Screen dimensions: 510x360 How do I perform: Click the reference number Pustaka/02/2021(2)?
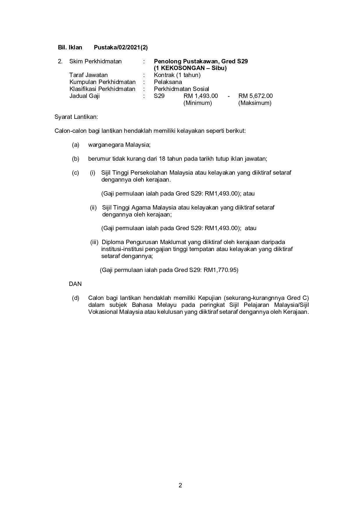coord(121,47)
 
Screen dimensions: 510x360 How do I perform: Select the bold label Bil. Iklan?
coord(70,47)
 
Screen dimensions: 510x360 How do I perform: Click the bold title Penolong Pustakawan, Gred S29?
coord(201,61)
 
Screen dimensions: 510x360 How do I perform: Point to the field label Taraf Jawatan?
coord(88,75)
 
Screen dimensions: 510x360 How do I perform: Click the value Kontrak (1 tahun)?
coord(177,75)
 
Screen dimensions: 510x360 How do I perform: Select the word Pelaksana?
coord(168,82)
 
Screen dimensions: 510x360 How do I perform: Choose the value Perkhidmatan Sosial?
coord(181,89)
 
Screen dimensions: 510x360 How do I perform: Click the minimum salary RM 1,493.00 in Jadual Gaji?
coord(201,96)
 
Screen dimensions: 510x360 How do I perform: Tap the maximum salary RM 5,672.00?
coord(255,96)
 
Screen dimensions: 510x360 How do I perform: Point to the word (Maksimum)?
coord(255,103)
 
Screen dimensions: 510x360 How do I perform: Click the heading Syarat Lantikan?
coord(76,117)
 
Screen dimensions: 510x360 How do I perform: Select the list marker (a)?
coord(75,145)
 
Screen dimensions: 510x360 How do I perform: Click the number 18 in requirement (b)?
coord(162,159)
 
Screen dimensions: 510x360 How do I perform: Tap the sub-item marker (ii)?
coord(93,207)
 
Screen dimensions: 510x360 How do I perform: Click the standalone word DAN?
coord(75,284)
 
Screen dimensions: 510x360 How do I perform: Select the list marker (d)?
coord(75,298)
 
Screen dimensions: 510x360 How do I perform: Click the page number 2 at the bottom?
coord(180,485)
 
